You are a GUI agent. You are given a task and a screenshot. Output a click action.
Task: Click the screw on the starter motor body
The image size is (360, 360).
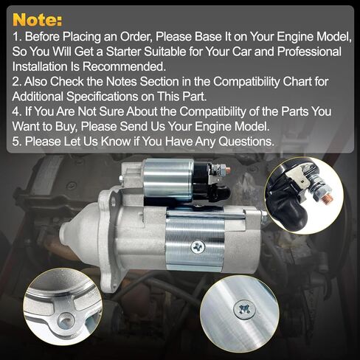(x=197, y=246)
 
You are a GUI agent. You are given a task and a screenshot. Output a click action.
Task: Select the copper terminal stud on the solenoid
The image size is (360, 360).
(x=227, y=171)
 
